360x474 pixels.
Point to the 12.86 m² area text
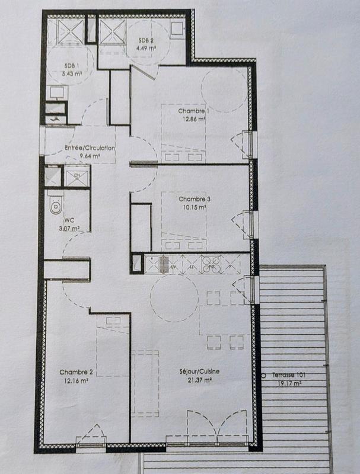pyautogui.click(x=193, y=118)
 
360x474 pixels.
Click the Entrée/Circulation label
pyautogui.click(x=89, y=149)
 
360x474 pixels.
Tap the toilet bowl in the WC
pyautogui.click(x=56, y=205)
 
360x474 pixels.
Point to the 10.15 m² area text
pyautogui.click(x=193, y=207)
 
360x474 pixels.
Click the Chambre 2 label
pyautogui.click(x=76, y=372)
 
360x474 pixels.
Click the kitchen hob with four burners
pyautogui.click(x=212, y=261)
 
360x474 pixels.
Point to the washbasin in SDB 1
pyautogui.click(x=56, y=92)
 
